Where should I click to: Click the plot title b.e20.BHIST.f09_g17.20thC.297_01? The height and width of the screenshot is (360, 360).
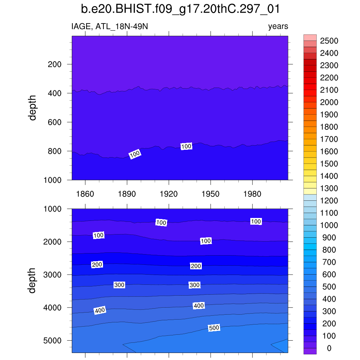pos(180,9)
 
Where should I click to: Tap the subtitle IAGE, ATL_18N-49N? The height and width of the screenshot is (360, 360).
pos(112,26)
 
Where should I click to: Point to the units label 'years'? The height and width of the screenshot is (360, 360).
pos(278,26)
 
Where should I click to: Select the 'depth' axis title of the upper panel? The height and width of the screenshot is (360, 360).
pos(33,108)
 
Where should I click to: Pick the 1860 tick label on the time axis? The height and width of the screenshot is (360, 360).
pos(85,194)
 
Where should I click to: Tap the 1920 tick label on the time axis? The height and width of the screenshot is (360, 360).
pos(169,194)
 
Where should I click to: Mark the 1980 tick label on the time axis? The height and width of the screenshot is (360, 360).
pos(252,194)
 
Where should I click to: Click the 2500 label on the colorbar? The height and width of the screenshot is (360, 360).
pos(329,41)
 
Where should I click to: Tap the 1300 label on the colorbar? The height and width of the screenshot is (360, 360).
pos(329,188)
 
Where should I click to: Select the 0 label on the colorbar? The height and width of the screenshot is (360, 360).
pos(329,348)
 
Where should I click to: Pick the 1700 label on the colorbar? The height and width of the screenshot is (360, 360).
pos(329,139)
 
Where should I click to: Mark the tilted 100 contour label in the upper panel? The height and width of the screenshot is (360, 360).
pos(135,154)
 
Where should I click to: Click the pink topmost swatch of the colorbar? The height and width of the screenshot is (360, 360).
pos(310,38)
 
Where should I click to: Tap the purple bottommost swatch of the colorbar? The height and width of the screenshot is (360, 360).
pos(310,351)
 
